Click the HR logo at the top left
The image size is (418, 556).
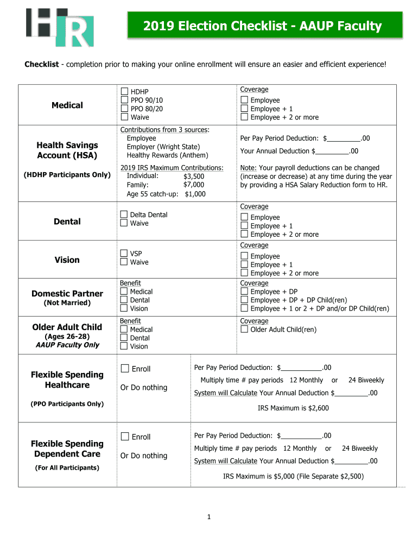pyautogui.click(x=60, y=27)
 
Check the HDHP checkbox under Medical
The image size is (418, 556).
pyautogui.click(x=124, y=92)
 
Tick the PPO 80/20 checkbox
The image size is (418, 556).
pyautogui.click(x=124, y=109)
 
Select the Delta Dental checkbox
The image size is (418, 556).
pyautogui.click(x=124, y=215)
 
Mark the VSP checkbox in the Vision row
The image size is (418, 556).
pyautogui.click(x=124, y=254)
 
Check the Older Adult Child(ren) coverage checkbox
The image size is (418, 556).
pyautogui.click(x=244, y=330)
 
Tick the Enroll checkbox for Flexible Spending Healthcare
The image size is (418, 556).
pyautogui.click(x=125, y=369)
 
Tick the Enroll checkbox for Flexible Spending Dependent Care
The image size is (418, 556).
pyautogui.click(x=125, y=437)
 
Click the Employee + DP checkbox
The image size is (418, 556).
pyautogui.click(x=244, y=292)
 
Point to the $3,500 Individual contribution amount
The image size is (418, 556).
pyautogui.click(x=194, y=176)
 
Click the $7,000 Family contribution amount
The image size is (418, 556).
pyautogui.click(x=194, y=185)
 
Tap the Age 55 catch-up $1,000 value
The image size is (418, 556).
pyautogui.click(x=195, y=194)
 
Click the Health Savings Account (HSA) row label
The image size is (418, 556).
pyautogui.click(x=67, y=150)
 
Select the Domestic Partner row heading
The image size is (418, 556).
pyautogui.click(x=67, y=294)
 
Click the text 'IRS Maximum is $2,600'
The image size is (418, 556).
pyautogui.click(x=293, y=408)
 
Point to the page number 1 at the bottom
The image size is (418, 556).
pyautogui.click(x=208, y=517)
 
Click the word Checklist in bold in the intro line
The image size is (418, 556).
pyautogui.click(x=41, y=65)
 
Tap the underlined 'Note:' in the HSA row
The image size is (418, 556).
pyautogui.click(x=249, y=168)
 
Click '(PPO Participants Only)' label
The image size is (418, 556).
pyautogui.click(x=67, y=403)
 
